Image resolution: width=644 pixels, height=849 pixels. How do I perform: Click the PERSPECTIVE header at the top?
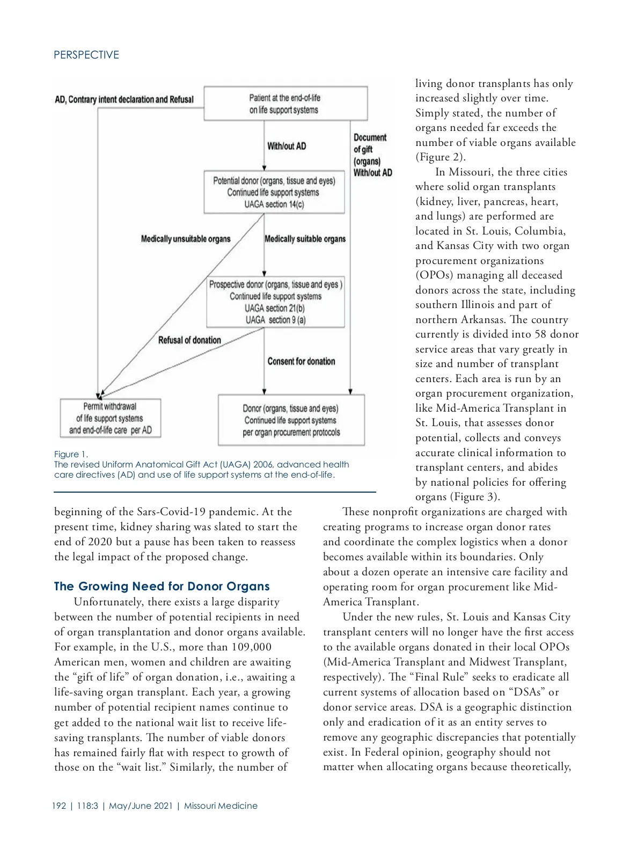coord(86,55)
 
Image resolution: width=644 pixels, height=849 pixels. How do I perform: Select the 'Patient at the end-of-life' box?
coord(285,104)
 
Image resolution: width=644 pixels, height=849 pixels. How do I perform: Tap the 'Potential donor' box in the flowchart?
coord(274,192)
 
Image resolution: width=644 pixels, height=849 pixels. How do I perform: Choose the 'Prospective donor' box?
coord(275,302)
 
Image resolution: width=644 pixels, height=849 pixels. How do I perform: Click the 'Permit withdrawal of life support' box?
coord(110,418)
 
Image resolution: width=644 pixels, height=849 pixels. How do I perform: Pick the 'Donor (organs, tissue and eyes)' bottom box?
coord(291,420)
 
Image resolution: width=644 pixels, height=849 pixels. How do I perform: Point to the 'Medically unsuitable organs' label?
coord(186,239)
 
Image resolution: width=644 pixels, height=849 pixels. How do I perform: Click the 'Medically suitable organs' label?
coord(305,239)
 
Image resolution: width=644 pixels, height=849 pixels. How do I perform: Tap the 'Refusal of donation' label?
coord(189,340)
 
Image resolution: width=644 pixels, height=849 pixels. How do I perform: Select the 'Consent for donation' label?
coord(301,361)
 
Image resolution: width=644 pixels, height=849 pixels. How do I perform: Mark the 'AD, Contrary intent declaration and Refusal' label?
coord(124,99)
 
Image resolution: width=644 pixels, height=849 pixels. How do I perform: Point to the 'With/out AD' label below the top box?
coord(287,146)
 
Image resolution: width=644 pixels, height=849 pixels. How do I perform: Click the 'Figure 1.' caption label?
coord(71,455)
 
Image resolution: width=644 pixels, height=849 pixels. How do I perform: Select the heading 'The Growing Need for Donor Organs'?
coord(162,586)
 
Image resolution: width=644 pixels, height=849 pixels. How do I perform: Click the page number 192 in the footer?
coord(59,806)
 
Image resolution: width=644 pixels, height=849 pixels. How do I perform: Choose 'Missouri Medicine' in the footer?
coord(221,806)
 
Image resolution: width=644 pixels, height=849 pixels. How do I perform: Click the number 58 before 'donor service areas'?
coord(540,334)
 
